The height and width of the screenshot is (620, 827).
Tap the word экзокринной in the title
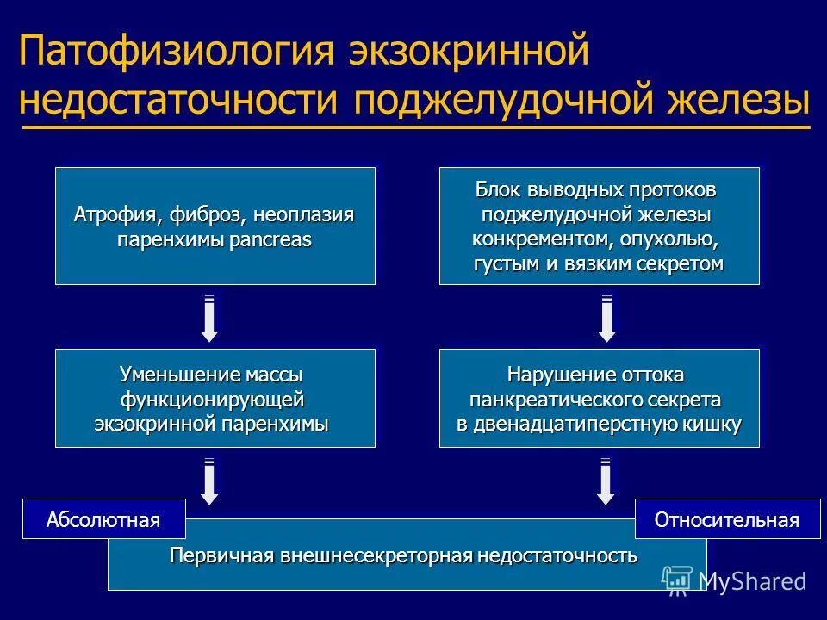[469, 53]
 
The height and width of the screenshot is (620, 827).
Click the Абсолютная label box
[103, 519]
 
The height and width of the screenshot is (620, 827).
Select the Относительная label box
[727, 519]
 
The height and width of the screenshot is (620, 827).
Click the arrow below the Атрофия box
[209, 319]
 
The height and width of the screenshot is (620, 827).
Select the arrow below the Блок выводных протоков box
[606, 319]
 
